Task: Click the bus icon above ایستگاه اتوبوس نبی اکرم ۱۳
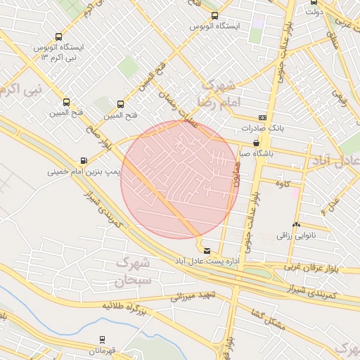click(58, 37)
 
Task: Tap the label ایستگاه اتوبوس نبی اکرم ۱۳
click(58, 53)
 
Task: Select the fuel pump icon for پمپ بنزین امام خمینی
click(84, 161)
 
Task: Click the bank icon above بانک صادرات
click(262, 117)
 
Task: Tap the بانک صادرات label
click(260, 128)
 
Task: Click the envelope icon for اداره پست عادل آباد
click(206, 250)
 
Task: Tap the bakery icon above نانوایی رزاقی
click(296, 226)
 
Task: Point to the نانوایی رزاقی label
click(293, 236)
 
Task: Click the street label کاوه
click(284, 184)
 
